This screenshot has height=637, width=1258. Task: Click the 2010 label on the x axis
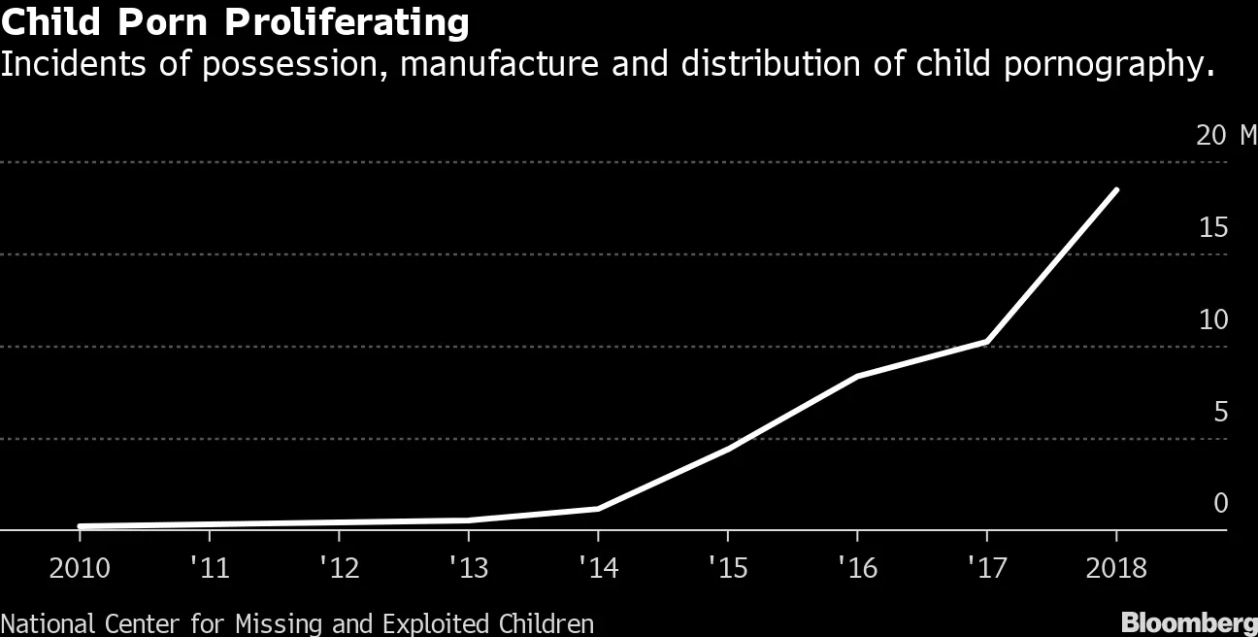80,568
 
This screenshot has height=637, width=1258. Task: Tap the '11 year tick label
210,568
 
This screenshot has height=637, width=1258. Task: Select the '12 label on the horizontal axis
339,568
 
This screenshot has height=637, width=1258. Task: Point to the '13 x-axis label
469,568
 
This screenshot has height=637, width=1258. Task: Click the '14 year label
598,568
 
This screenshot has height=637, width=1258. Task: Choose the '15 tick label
728,568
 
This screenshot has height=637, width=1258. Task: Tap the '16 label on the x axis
857,568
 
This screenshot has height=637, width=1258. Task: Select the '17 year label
987,568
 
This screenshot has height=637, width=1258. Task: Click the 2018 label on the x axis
1116,568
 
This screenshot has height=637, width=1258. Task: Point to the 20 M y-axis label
1226,135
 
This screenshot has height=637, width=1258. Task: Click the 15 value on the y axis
1213,227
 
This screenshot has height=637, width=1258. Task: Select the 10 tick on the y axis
1213,319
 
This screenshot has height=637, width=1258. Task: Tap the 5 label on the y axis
1220,412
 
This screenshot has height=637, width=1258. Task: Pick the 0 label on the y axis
1220,503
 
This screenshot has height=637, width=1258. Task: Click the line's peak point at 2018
1116,190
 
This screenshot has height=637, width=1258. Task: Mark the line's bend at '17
987,341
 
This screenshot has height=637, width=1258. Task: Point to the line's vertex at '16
857,376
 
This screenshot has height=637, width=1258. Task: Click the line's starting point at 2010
80,526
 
